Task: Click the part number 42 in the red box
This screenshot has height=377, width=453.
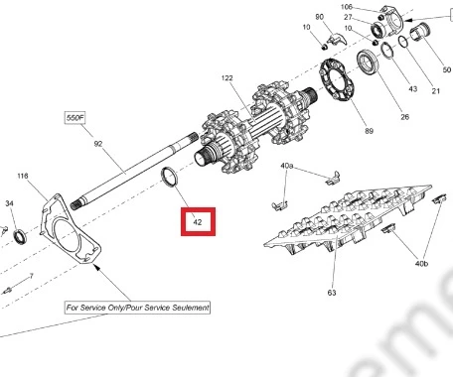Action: coord(198,222)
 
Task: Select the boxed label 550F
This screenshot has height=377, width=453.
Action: coord(75,118)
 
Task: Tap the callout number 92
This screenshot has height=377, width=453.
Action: coord(98,144)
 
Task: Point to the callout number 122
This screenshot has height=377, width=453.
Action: coord(227,78)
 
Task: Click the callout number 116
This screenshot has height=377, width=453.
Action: coord(23,176)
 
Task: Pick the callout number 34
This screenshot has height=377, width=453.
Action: coord(9,203)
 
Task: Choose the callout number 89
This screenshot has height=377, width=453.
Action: coord(369,131)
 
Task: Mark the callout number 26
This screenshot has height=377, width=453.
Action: coord(404,116)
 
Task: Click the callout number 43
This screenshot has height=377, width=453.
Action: coord(412,88)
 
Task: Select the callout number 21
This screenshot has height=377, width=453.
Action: coord(436,91)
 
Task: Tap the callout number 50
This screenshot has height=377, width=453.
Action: coord(447,69)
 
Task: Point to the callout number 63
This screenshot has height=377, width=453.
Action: coord(332,293)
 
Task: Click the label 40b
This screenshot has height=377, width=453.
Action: coord(421,263)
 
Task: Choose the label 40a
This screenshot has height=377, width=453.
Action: coord(287,166)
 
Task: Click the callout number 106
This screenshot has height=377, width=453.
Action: coord(347,7)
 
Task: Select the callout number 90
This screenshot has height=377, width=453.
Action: coord(319,17)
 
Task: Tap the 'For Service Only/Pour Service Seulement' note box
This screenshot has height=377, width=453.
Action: coord(137,308)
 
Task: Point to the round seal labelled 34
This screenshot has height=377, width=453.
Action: coord(20,236)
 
